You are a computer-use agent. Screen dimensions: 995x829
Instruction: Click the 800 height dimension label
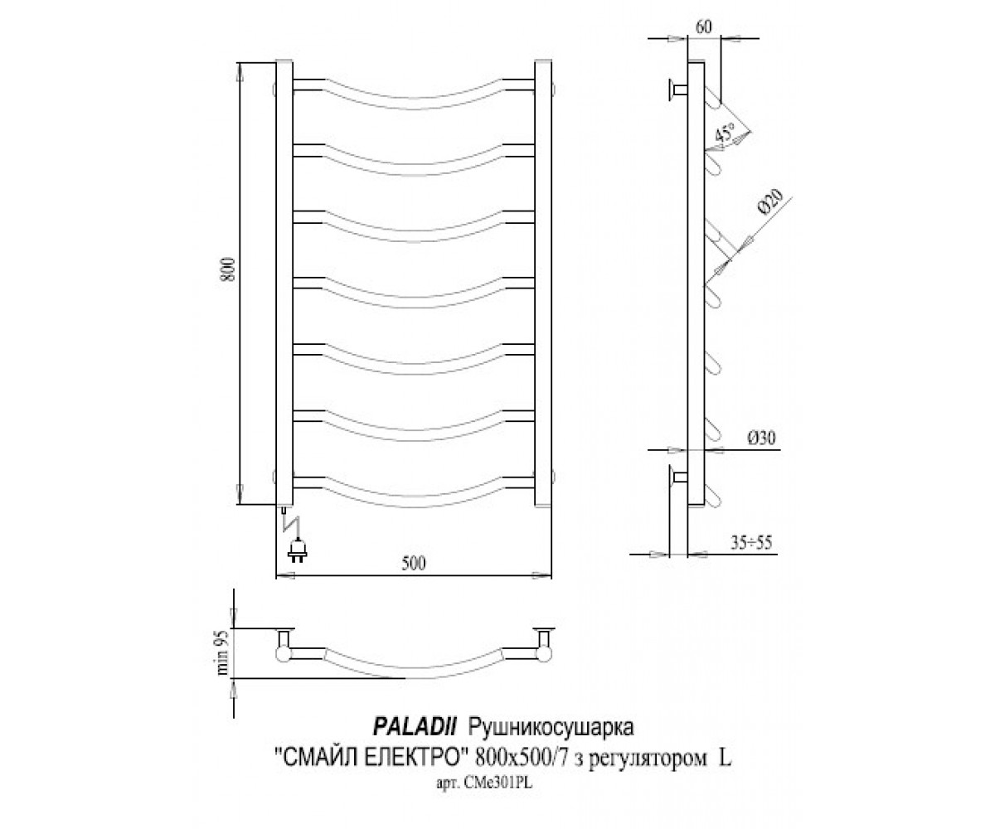coord(229,269)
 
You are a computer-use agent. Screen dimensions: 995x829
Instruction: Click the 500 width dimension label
coord(413,564)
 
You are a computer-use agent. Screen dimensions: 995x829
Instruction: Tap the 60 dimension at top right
coord(703,27)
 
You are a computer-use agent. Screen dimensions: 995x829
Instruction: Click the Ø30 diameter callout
coord(761,438)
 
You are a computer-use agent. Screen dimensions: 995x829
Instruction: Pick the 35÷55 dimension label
coord(750,543)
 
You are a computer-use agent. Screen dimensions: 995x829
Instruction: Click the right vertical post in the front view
coord(543,282)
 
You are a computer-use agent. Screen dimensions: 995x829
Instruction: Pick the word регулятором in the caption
coord(646,760)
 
